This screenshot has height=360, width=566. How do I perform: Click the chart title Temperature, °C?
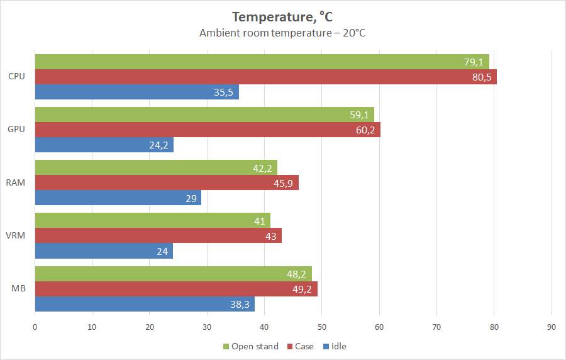pos(282,16)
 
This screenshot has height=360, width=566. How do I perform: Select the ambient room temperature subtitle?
pos(282,33)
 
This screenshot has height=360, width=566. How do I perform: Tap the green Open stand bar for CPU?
pos(262,62)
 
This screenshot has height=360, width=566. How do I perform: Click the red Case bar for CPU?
pos(265,77)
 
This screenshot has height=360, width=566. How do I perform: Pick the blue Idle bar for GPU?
pos(104,145)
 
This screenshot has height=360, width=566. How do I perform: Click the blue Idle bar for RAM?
pos(118,198)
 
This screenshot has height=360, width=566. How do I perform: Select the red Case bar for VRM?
pos(158,235)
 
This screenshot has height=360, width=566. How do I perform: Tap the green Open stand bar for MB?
pos(173,274)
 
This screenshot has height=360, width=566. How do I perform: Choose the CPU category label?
pos(17,77)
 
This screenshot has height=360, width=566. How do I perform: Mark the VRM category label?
pos(17,235)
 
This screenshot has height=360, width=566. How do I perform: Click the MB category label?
pos(19,289)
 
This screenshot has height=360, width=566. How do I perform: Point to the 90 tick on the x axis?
pos(552,327)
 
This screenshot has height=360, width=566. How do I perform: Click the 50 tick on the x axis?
pos(322,327)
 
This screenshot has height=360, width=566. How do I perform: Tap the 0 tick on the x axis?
pos(35,327)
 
